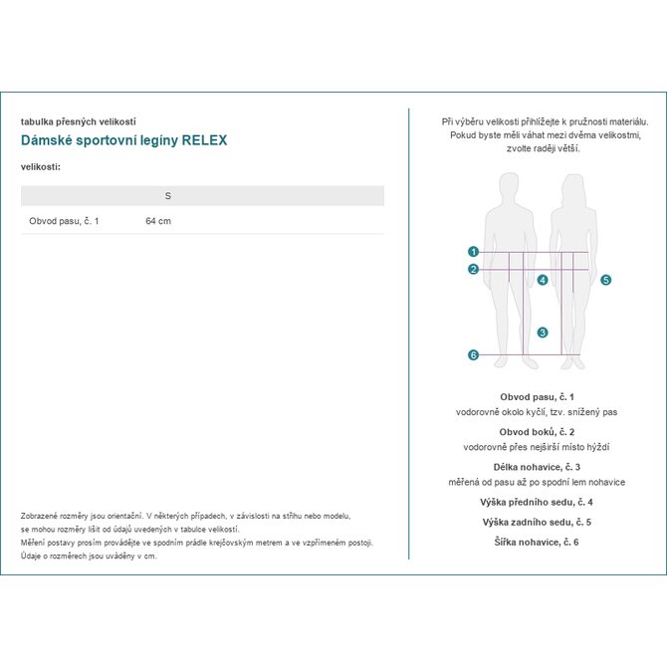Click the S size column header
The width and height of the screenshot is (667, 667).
[x=167, y=195]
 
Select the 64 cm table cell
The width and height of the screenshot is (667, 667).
[x=158, y=221]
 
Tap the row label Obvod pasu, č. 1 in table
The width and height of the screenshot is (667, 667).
[x=64, y=221]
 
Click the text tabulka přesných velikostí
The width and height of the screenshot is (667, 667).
[x=78, y=121]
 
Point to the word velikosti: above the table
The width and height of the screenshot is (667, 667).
[x=41, y=166]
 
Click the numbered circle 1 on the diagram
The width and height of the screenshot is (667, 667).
[x=474, y=252]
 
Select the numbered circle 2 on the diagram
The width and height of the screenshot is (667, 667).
[x=474, y=269]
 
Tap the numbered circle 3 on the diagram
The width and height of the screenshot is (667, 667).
[x=543, y=333]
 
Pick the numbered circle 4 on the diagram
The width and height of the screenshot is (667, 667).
[x=543, y=281]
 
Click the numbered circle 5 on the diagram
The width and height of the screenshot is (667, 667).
[x=605, y=281]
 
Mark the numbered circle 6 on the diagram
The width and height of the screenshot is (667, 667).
[x=474, y=355]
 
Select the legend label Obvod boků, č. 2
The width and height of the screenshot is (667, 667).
[x=537, y=432]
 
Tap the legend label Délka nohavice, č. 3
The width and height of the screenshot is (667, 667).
[x=537, y=467]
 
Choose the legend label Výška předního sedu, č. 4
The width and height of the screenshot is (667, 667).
[x=537, y=503]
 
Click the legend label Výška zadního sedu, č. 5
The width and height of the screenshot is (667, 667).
[x=537, y=522]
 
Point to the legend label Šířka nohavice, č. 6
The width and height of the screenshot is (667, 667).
[x=537, y=542]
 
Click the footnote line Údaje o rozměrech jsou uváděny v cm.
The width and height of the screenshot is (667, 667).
[x=90, y=556]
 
